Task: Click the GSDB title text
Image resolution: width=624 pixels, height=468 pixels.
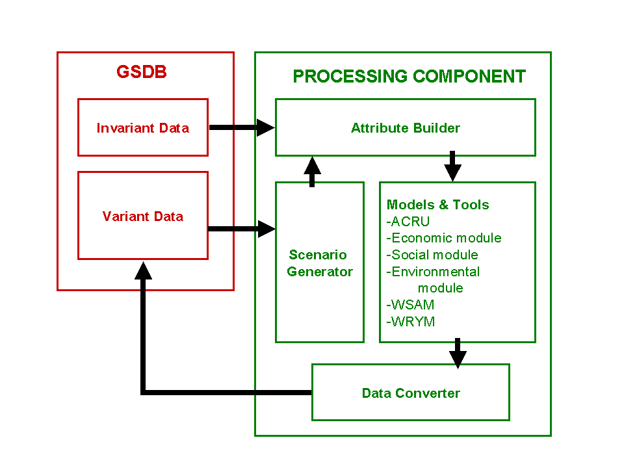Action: [x=142, y=72]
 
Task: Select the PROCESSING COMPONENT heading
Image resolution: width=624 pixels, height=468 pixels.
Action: [x=409, y=77]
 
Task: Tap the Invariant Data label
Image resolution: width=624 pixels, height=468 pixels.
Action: [x=143, y=128]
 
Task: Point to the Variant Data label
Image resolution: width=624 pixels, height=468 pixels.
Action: [x=143, y=216]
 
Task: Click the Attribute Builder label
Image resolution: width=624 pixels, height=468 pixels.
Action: [x=406, y=128]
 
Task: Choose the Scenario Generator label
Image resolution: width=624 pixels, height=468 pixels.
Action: [x=320, y=263]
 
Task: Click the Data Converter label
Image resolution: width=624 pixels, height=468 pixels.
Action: [x=411, y=393]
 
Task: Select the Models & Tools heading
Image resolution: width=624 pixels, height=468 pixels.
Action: [x=437, y=205]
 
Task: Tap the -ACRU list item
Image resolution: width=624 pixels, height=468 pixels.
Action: [x=408, y=221]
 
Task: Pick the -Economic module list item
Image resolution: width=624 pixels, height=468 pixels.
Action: [x=444, y=238]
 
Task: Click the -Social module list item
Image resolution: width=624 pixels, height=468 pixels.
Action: [x=432, y=255]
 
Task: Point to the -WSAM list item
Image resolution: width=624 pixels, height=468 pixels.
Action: [x=410, y=305]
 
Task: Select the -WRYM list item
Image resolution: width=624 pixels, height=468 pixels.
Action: [x=411, y=322]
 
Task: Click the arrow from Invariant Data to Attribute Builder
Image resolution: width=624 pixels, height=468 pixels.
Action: [x=242, y=127]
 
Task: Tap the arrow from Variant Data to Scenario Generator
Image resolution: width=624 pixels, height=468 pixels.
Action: [x=242, y=229]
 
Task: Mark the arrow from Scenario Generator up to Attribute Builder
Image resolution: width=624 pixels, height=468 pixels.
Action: [x=313, y=172]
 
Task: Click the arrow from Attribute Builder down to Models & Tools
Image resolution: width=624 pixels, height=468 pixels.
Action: [x=452, y=166]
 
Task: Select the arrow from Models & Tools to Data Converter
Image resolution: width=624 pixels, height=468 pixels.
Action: [x=458, y=354]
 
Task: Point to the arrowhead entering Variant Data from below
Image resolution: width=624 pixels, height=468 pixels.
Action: [x=143, y=270]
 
